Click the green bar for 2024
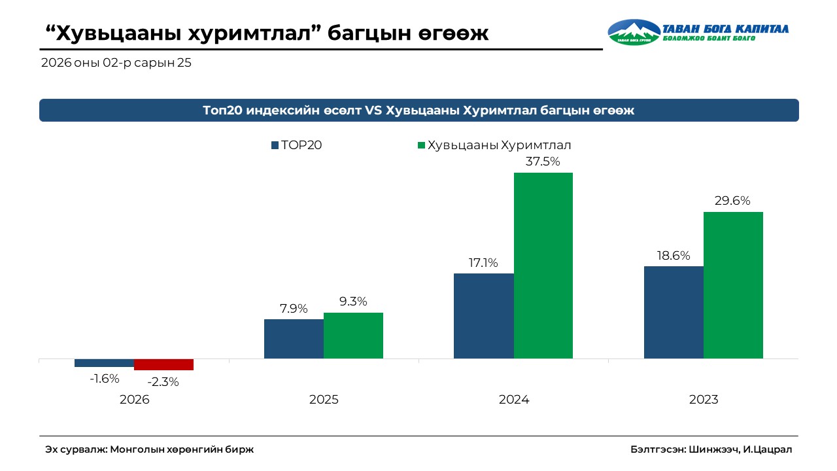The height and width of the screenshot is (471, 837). [x=543, y=266]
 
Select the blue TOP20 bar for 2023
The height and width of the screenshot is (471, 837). [x=674, y=312]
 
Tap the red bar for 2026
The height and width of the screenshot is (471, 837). [x=163, y=364]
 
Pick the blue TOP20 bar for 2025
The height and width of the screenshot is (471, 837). [x=294, y=338]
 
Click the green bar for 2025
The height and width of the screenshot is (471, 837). [x=353, y=335]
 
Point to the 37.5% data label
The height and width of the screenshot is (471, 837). [x=543, y=162]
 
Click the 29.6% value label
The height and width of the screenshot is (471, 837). [x=733, y=201]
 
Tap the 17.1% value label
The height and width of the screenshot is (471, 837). [x=483, y=263]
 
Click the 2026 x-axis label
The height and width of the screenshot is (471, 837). [x=134, y=400]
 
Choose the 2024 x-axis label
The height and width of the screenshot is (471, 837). [x=513, y=400]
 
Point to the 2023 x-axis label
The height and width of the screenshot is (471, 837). [x=704, y=400]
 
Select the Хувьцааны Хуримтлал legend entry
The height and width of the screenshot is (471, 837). [x=499, y=145]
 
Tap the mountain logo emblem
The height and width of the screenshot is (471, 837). [x=633, y=31]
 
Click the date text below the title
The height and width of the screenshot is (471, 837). [x=116, y=63]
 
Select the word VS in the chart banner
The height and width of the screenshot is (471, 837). [x=373, y=111]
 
